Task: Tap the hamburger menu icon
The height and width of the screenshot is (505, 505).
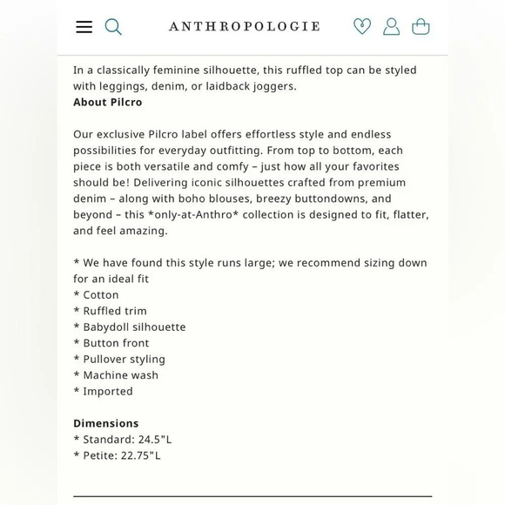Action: click(x=84, y=26)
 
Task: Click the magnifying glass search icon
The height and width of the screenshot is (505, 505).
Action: click(x=113, y=26)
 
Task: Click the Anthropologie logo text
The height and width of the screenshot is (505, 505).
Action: click(x=244, y=26)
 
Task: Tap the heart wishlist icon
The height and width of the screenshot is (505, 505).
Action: click(x=362, y=26)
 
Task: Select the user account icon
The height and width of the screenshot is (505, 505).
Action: click(x=392, y=26)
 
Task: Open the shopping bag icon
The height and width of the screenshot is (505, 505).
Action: click(x=421, y=26)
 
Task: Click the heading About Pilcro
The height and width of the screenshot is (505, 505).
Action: click(x=108, y=102)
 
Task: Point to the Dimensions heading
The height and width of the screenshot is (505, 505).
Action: click(x=106, y=423)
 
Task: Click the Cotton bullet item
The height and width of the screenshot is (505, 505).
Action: click(x=100, y=294)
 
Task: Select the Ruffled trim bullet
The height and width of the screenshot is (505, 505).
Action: click(x=114, y=311)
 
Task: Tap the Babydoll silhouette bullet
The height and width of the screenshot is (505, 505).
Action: click(x=133, y=327)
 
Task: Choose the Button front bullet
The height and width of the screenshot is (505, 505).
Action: click(x=116, y=343)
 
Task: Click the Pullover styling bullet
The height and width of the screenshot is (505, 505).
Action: click(x=124, y=359)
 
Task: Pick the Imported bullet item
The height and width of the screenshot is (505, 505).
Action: click(x=108, y=391)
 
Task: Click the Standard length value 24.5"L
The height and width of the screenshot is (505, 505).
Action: click(x=153, y=439)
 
